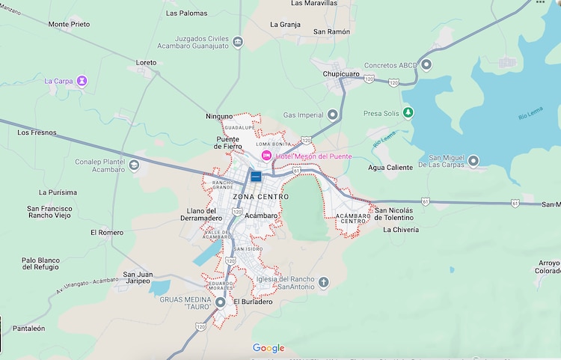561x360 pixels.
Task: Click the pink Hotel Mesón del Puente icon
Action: pos(266,155)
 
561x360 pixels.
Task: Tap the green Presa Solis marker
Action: pos(408,113)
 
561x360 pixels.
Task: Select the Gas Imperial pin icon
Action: pos(333,115)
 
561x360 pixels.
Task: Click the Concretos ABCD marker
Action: pos(426,65)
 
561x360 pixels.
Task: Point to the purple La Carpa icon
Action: pos(82,80)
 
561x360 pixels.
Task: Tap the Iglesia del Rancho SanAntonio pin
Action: pos(323,282)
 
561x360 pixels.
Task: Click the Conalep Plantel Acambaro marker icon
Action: pos(134,165)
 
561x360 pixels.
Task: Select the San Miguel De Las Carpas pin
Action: pos(473,160)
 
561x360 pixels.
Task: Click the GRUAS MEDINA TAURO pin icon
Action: pos(221,303)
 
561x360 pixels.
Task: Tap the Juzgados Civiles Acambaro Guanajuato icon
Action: pos(237,41)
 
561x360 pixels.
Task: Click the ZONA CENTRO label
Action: pos(260,197)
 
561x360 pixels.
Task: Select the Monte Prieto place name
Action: pos(69,24)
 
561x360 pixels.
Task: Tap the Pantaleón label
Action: pos(28,329)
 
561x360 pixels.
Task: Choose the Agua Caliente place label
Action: pos(390,168)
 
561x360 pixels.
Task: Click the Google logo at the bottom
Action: pos(269,348)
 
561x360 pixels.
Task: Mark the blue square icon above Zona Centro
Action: pos(256,177)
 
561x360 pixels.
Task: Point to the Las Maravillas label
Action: pos(315,4)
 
